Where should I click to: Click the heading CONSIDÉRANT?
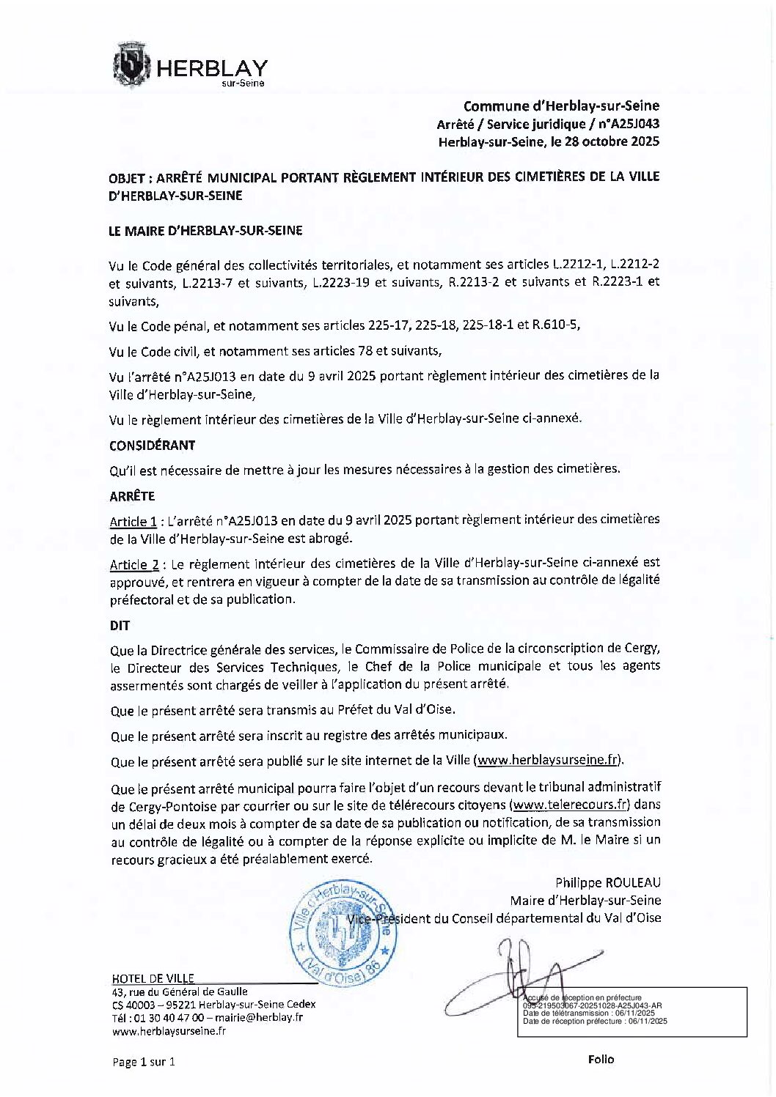[x=153, y=445]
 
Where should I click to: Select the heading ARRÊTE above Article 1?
[x=132, y=496]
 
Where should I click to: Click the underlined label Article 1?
[x=133, y=522]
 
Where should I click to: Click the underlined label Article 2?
[x=134, y=564]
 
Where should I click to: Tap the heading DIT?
[x=120, y=626]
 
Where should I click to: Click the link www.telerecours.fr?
[x=571, y=804]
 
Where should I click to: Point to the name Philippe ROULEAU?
[x=608, y=882]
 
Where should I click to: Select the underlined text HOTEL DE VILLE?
[x=153, y=978]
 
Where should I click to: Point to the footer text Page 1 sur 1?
[x=144, y=1061]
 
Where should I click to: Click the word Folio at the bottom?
[x=601, y=1059]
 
